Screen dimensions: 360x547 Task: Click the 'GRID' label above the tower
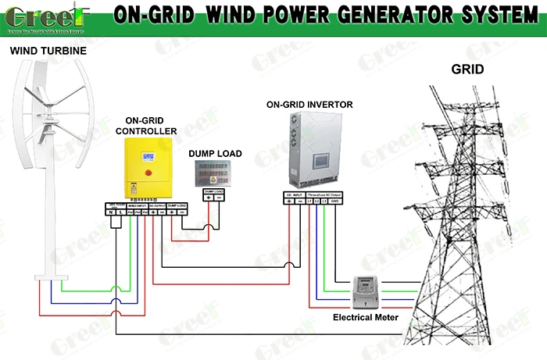click(467, 70)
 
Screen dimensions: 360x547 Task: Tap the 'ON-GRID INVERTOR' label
click(309, 104)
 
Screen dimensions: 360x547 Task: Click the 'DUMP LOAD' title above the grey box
click(215, 154)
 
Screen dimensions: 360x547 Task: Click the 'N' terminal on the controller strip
click(111, 212)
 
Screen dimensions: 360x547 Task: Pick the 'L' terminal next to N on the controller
click(120, 212)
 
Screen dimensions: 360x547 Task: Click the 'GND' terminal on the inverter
click(335, 201)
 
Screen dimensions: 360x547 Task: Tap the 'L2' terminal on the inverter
click(316, 201)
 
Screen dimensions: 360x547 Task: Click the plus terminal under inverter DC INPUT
click(290, 201)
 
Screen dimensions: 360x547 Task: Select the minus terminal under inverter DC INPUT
click(301, 201)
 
